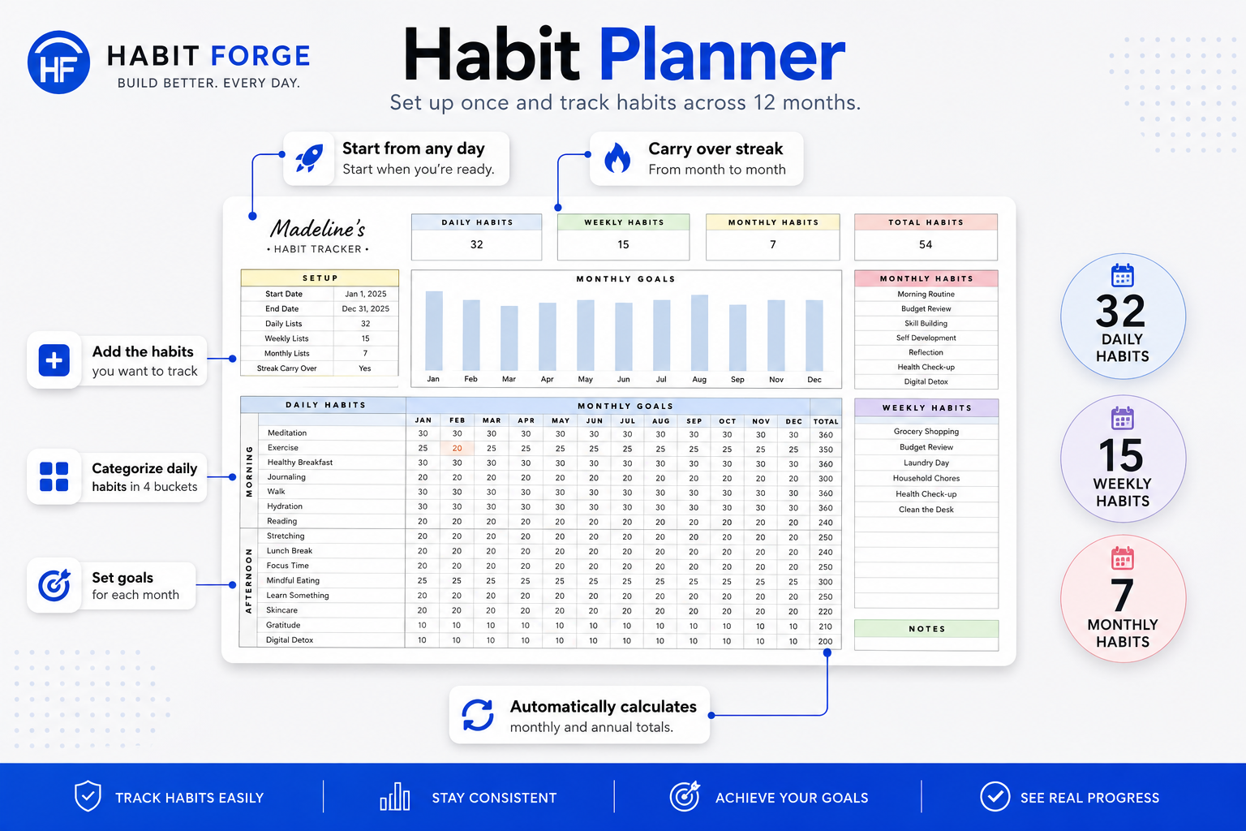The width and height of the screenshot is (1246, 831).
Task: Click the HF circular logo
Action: [x=58, y=62]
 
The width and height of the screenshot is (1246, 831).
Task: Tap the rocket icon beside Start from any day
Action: [x=309, y=158]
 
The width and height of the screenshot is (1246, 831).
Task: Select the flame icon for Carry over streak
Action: [x=617, y=158]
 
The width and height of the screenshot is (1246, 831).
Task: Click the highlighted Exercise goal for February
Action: [x=457, y=448]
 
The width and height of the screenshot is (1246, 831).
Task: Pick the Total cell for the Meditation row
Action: [x=826, y=435]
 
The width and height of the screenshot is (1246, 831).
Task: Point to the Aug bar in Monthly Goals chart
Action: [x=699, y=333]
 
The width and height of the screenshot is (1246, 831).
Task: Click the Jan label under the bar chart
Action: [x=432, y=379]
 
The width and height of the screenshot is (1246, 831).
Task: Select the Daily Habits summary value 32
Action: [x=477, y=244]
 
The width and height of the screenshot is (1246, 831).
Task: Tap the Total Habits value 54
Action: [x=926, y=244]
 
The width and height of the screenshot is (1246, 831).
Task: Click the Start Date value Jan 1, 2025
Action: [x=366, y=294]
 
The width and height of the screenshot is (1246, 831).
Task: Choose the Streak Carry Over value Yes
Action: [x=365, y=368]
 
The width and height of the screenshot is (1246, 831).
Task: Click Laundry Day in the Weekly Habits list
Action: [x=926, y=463]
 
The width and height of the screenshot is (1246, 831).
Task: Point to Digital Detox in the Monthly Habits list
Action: [x=926, y=382]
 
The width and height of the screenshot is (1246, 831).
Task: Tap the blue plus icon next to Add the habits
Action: [x=54, y=360]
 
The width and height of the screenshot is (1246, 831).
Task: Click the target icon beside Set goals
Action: [x=54, y=586]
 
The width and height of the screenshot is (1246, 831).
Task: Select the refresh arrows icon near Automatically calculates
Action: [x=478, y=715]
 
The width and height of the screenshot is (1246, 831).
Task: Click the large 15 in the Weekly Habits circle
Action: [x=1121, y=456]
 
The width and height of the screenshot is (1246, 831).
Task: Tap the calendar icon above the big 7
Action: [x=1123, y=559]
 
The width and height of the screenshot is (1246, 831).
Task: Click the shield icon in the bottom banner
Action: [x=88, y=796]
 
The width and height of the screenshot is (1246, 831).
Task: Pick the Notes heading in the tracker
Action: [x=926, y=629]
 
